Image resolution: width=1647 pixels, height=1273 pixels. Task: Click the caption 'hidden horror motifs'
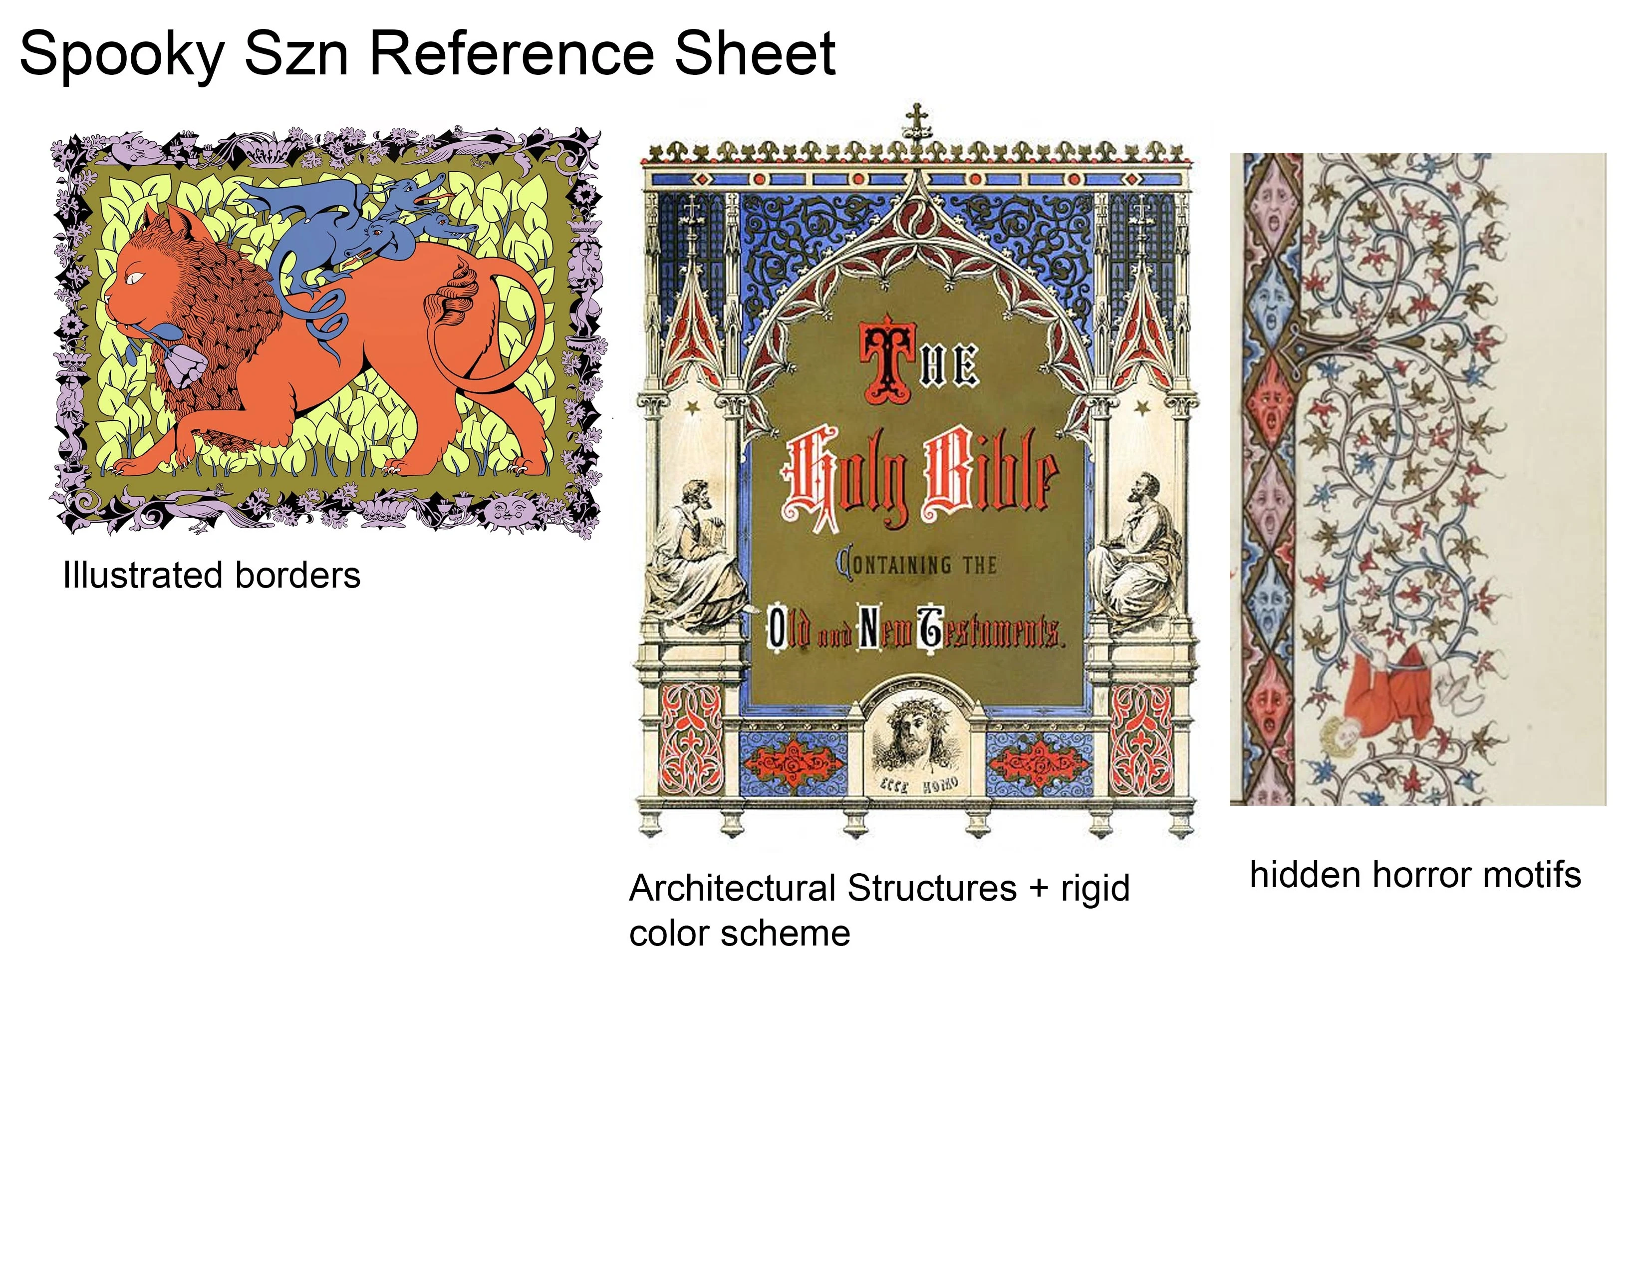pos(1415,875)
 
